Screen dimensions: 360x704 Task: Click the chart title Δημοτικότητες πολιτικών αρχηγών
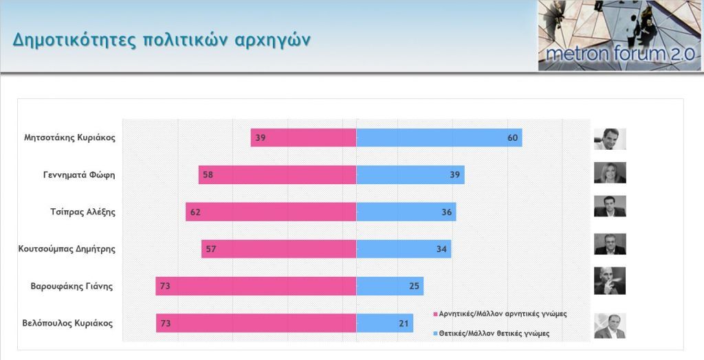click(161, 38)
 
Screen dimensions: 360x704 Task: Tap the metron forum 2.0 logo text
click(618, 55)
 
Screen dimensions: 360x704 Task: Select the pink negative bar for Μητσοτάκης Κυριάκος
click(303, 137)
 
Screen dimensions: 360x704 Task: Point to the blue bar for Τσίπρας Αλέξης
click(406, 212)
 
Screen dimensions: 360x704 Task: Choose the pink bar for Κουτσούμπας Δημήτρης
click(278, 249)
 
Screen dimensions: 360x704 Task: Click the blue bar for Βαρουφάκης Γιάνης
click(390, 286)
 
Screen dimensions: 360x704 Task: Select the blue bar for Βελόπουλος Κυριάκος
click(384, 323)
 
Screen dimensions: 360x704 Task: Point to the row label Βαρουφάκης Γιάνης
click(71, 286)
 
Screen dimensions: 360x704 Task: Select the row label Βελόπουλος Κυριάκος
click(67, 323)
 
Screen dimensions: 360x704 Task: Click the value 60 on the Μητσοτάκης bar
click(512, 137)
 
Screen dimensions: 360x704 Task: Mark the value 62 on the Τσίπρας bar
click(195, 212)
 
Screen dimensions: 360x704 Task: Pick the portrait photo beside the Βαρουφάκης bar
click(610, 281)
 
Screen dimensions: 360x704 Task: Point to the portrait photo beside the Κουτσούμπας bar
click(610, 244)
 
